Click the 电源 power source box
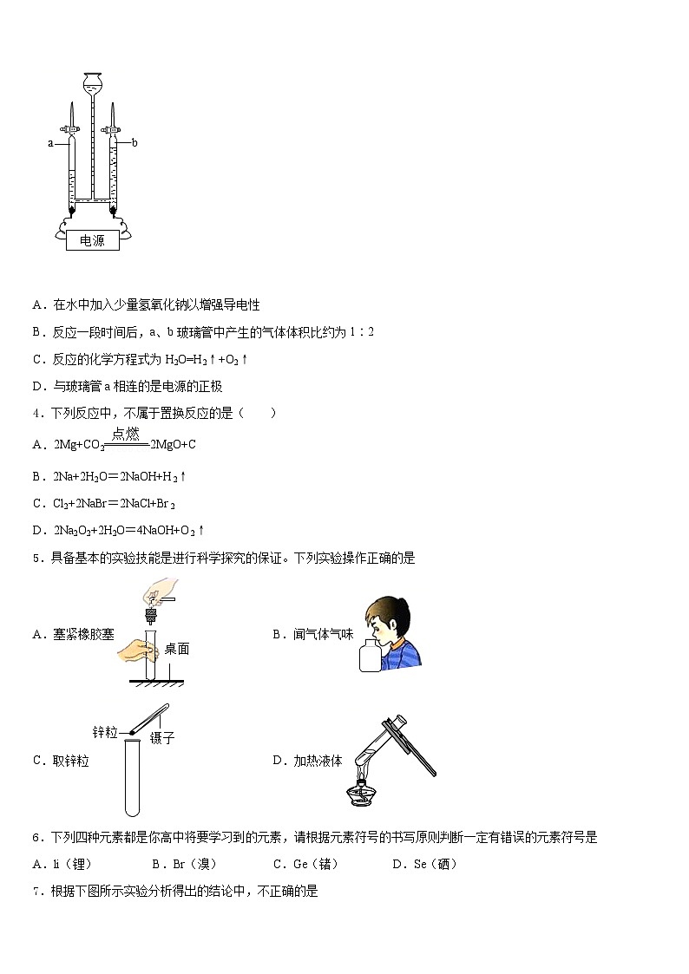(x=92, y=241)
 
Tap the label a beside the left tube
(x=50, y=143)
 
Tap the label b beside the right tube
(x=135, y=142)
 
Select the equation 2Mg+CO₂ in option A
(x=79, y=444)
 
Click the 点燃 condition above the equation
(x=126, y=434)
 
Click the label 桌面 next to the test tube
(x=177, y=648)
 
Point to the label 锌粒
(x=105, y=732)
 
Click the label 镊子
(x=162, y=738)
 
